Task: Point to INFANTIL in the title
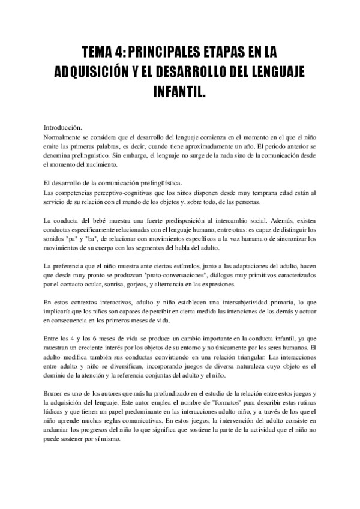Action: tap(180, 92)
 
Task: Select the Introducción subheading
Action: tap(67, 128)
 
